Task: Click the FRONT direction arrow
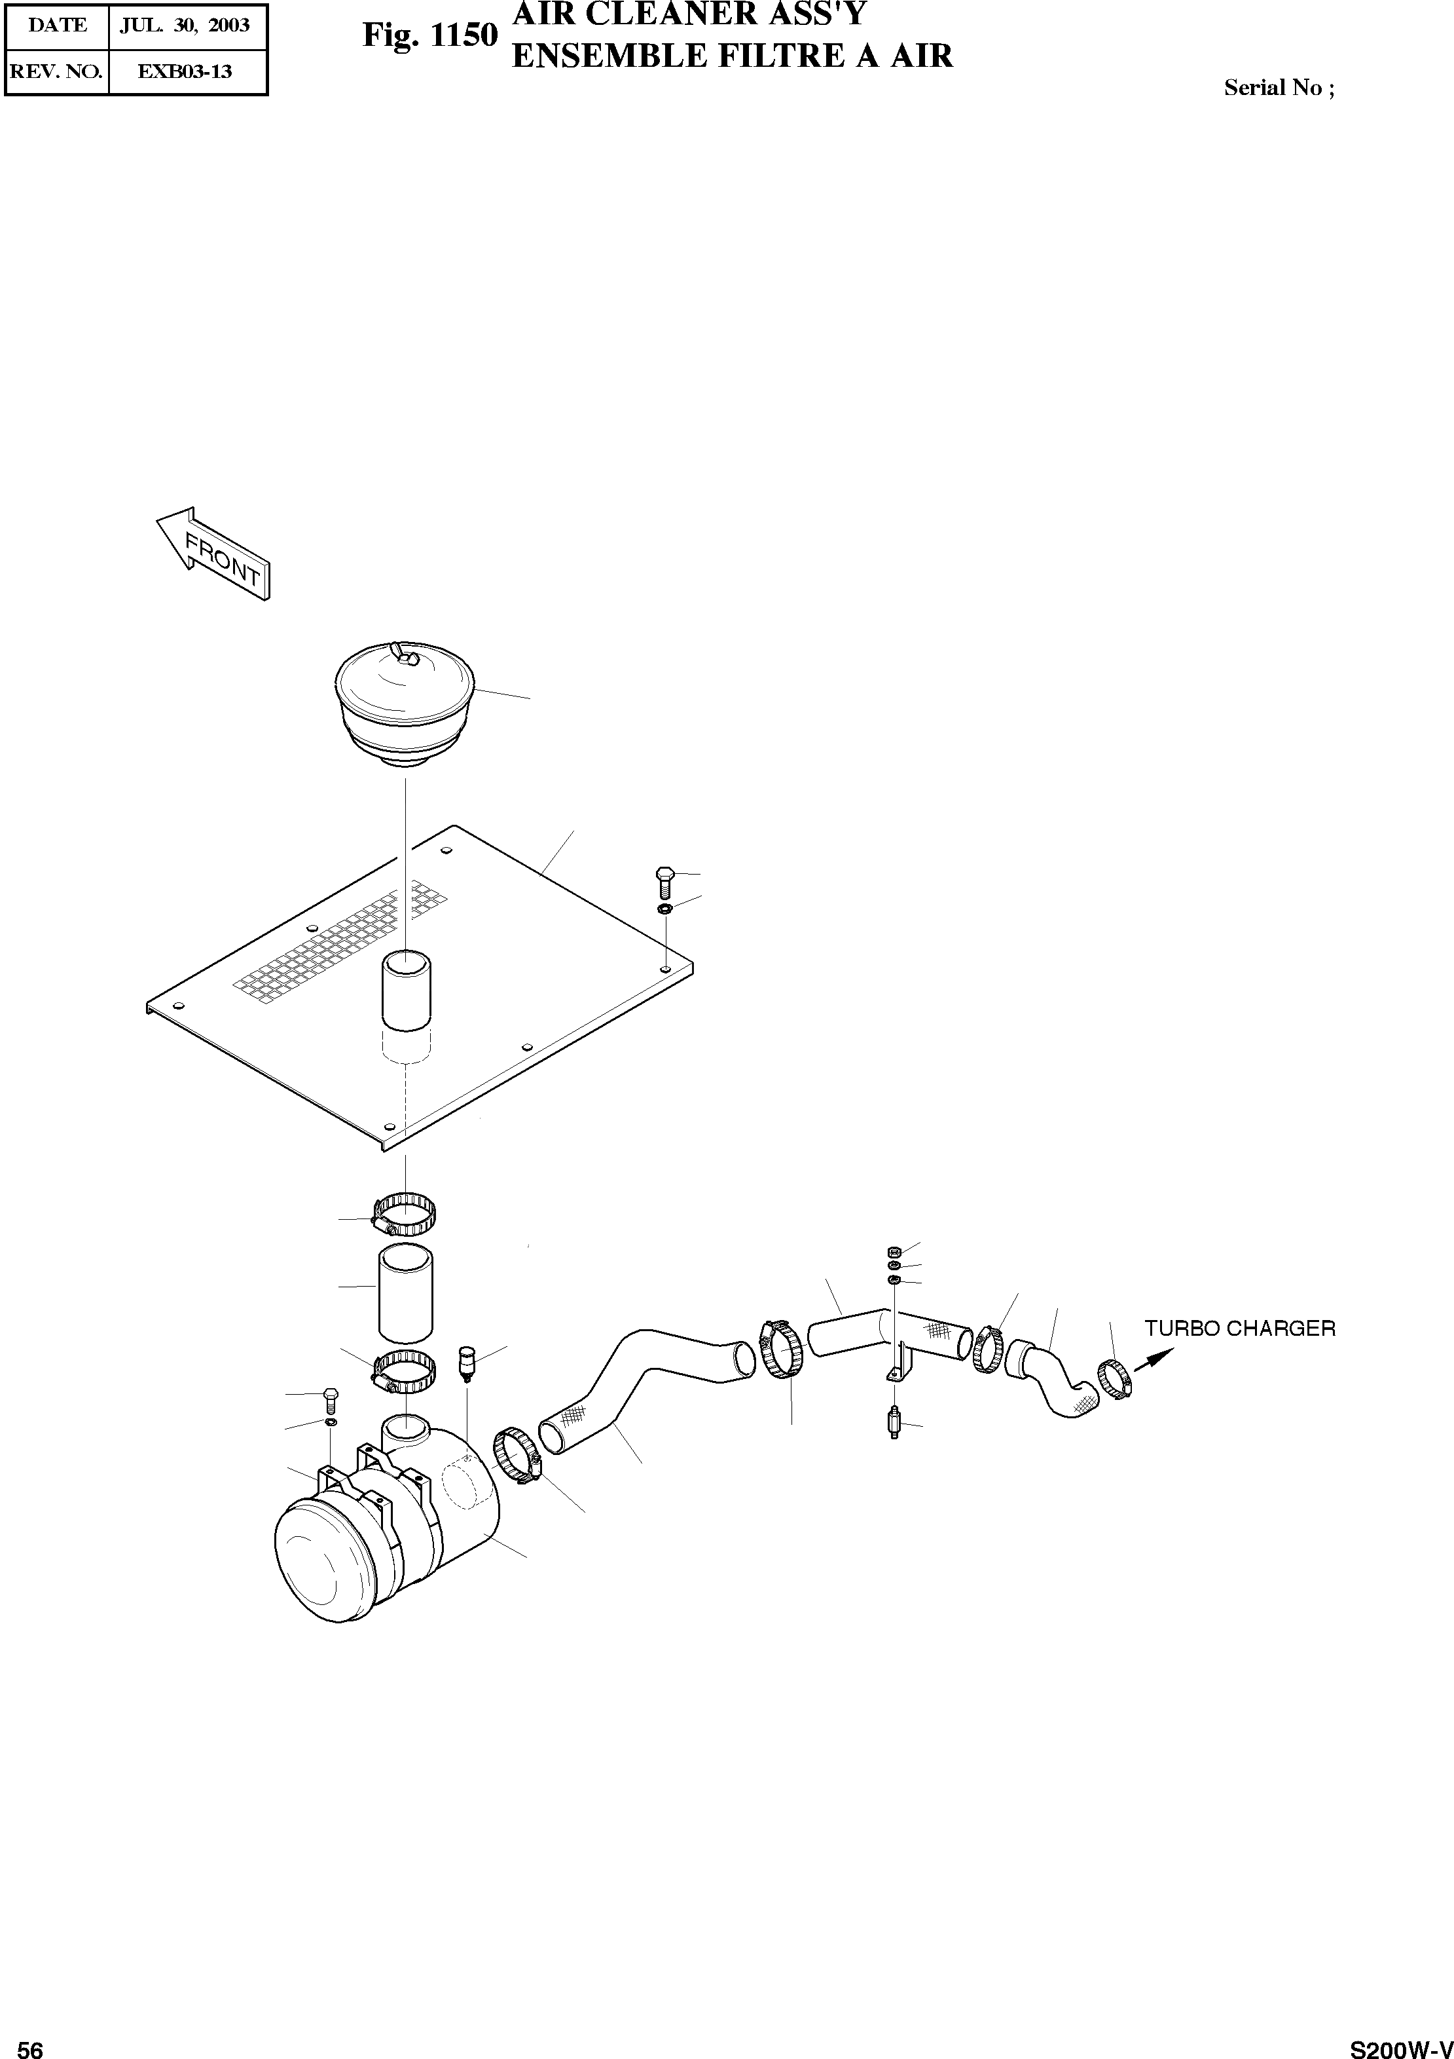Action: pos(213,554)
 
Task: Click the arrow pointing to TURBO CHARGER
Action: pos(1153,1359)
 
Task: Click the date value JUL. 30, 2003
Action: pos(185,25)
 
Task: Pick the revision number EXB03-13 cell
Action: pos(185,72)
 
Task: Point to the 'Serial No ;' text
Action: pos(1279,88)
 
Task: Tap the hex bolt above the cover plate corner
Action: pos(663,882)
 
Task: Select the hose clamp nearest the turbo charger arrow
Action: pos(1114,1378)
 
